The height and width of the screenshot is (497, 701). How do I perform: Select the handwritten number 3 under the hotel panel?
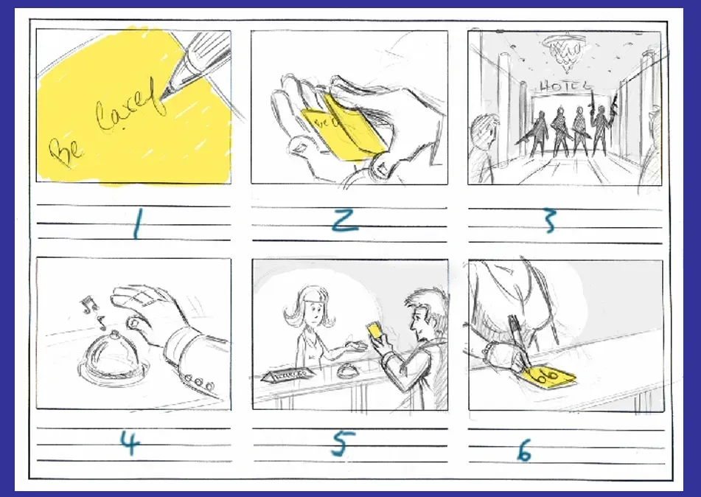point(548,220)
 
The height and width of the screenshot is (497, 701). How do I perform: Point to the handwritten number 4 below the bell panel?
point(130,442)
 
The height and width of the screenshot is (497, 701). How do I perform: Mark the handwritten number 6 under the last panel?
point(523,448)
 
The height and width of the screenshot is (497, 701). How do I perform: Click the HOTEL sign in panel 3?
point(565,86)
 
